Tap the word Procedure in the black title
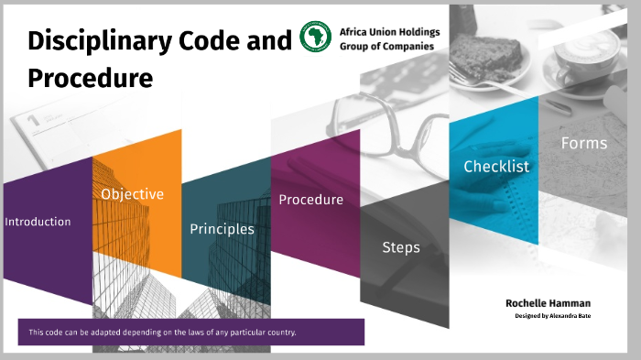[90, 79]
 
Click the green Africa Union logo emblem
[316, 38]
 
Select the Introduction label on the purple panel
[38, 222]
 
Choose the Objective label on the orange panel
[132, 194]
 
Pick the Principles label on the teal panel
[222, 229]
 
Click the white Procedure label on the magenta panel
[310, 200]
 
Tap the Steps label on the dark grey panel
[401, 247]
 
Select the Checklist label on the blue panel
[496, 167]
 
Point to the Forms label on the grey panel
[583, 143]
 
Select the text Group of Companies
[386, 46]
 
